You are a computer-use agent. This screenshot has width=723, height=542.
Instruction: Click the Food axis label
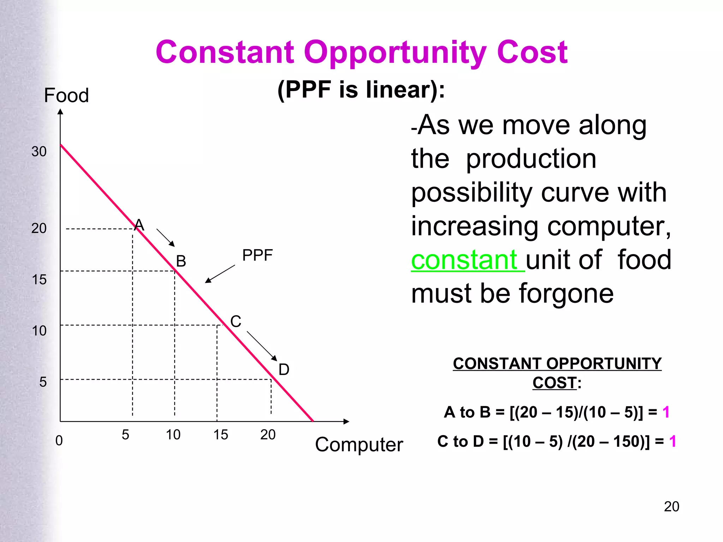[x=66, y=95]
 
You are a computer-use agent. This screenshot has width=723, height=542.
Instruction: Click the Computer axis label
[x=359, y=444]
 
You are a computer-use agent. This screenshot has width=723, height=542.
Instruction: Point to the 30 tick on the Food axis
[x=39, y=151]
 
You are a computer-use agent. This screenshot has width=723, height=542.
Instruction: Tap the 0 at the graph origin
[x=59, y=440]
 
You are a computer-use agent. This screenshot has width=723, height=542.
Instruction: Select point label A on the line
[x=139, y=225]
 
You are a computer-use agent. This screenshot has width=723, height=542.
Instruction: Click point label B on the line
[x=181, y=261]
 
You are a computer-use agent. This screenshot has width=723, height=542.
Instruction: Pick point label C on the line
[x=236, y=321]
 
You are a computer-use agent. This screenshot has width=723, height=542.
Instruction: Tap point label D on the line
[x=284, y=369]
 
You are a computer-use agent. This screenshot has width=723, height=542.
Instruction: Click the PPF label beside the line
[x=257, y=255]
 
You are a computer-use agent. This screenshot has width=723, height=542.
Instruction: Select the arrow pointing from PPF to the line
[x=220, y=274]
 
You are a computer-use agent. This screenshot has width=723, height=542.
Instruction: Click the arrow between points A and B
[x=166, y=237]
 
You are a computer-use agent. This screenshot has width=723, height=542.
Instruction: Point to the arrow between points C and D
[x=262, y=346]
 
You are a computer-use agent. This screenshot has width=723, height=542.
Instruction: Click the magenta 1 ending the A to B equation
[x=666, y=412]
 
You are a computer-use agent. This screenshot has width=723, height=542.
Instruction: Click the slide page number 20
[x=671, y=506]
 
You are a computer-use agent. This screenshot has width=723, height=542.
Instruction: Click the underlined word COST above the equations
[x=554, y=383]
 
